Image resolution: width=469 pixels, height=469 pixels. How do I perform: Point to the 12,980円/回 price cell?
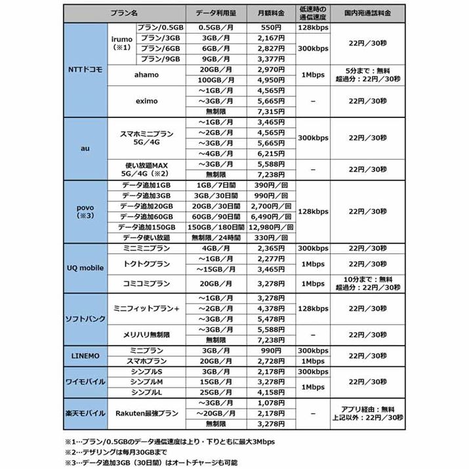click(x=270, y=226)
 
